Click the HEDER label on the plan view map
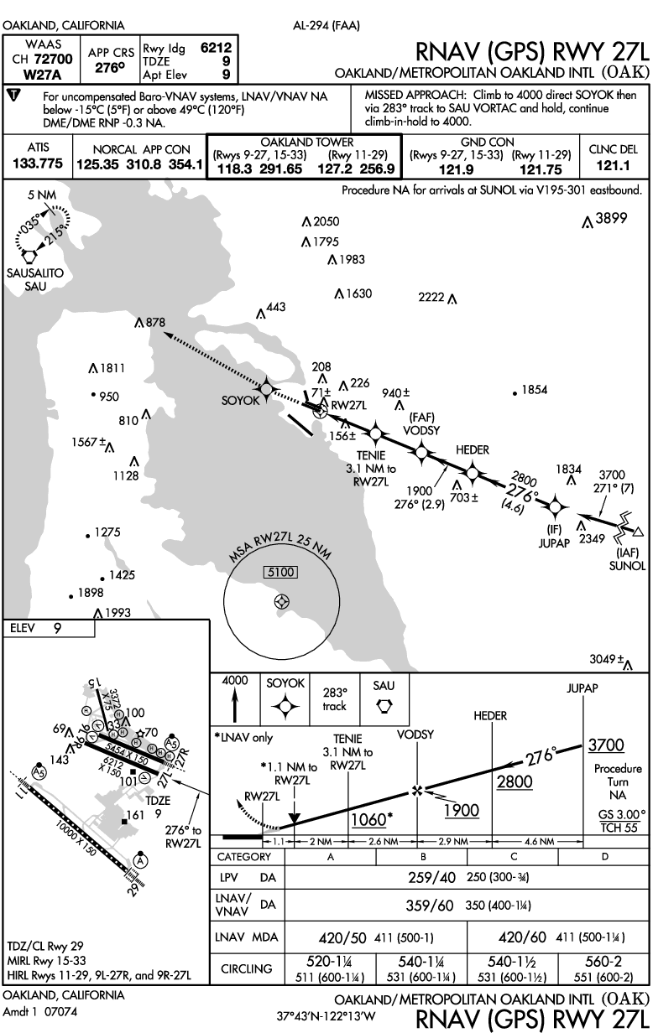coord(473,450)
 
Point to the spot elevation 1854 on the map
coord(534,390)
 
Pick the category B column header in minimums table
coord(423,857)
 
